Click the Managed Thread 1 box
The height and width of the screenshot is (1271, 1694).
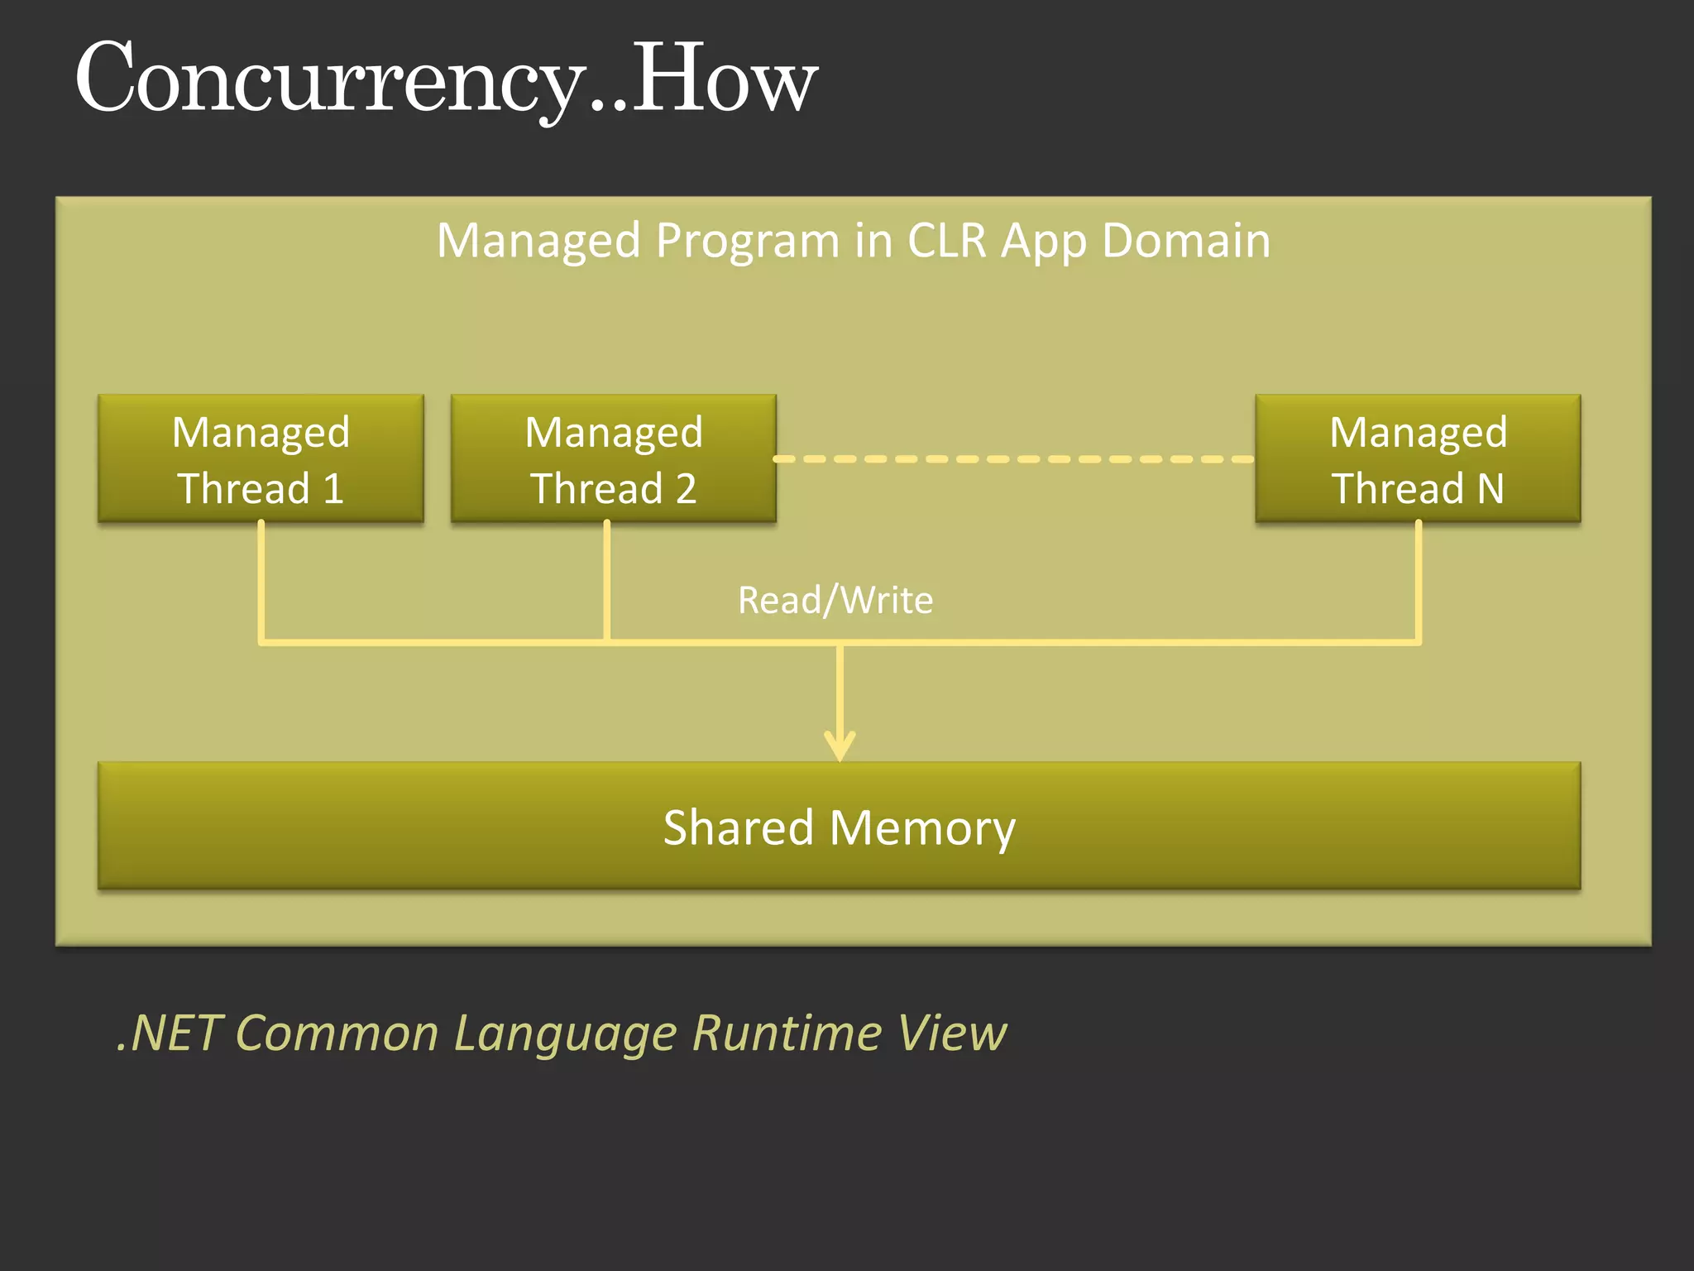(261, 458)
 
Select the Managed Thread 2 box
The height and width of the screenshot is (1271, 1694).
(613, 458)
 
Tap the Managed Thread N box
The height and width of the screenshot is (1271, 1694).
(1418, 458)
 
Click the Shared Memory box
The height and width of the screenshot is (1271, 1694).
(839, 826)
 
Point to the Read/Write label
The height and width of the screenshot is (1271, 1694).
(835, 600)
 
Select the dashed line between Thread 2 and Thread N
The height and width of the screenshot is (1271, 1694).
(1013, 458)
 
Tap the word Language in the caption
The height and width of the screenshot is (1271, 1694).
(565, 1033)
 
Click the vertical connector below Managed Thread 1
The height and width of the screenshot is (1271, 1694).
(261, 579)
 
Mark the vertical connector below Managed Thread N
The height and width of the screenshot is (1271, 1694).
(1418, 579)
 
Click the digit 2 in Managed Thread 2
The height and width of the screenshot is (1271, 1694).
(686, 488)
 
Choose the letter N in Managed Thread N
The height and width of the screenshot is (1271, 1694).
(1491, 488)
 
